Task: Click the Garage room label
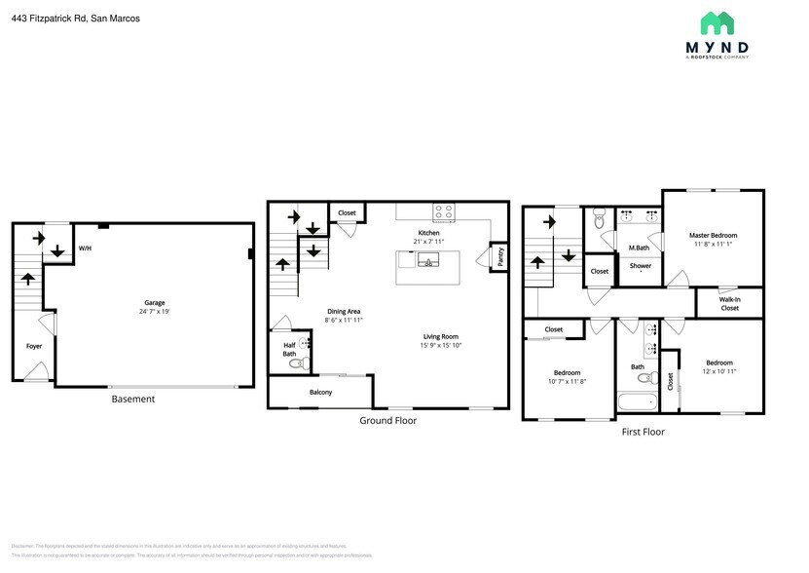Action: [148, 303]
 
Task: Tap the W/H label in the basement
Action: [85, 248]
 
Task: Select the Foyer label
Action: [33, 346]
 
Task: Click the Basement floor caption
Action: [132, 400]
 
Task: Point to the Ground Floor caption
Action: [387, 421]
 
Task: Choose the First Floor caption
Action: [643, 432]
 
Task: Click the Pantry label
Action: [498, 255]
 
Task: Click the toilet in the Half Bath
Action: [296, 363]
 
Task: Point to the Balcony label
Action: [320, 393]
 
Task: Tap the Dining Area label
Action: [343, 312]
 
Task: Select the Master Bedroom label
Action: [713, 235]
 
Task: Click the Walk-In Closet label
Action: [729, 304]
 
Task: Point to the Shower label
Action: [640, 266]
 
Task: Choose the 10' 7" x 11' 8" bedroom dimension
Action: [567, 381]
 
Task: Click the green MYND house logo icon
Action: [718, 24]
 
